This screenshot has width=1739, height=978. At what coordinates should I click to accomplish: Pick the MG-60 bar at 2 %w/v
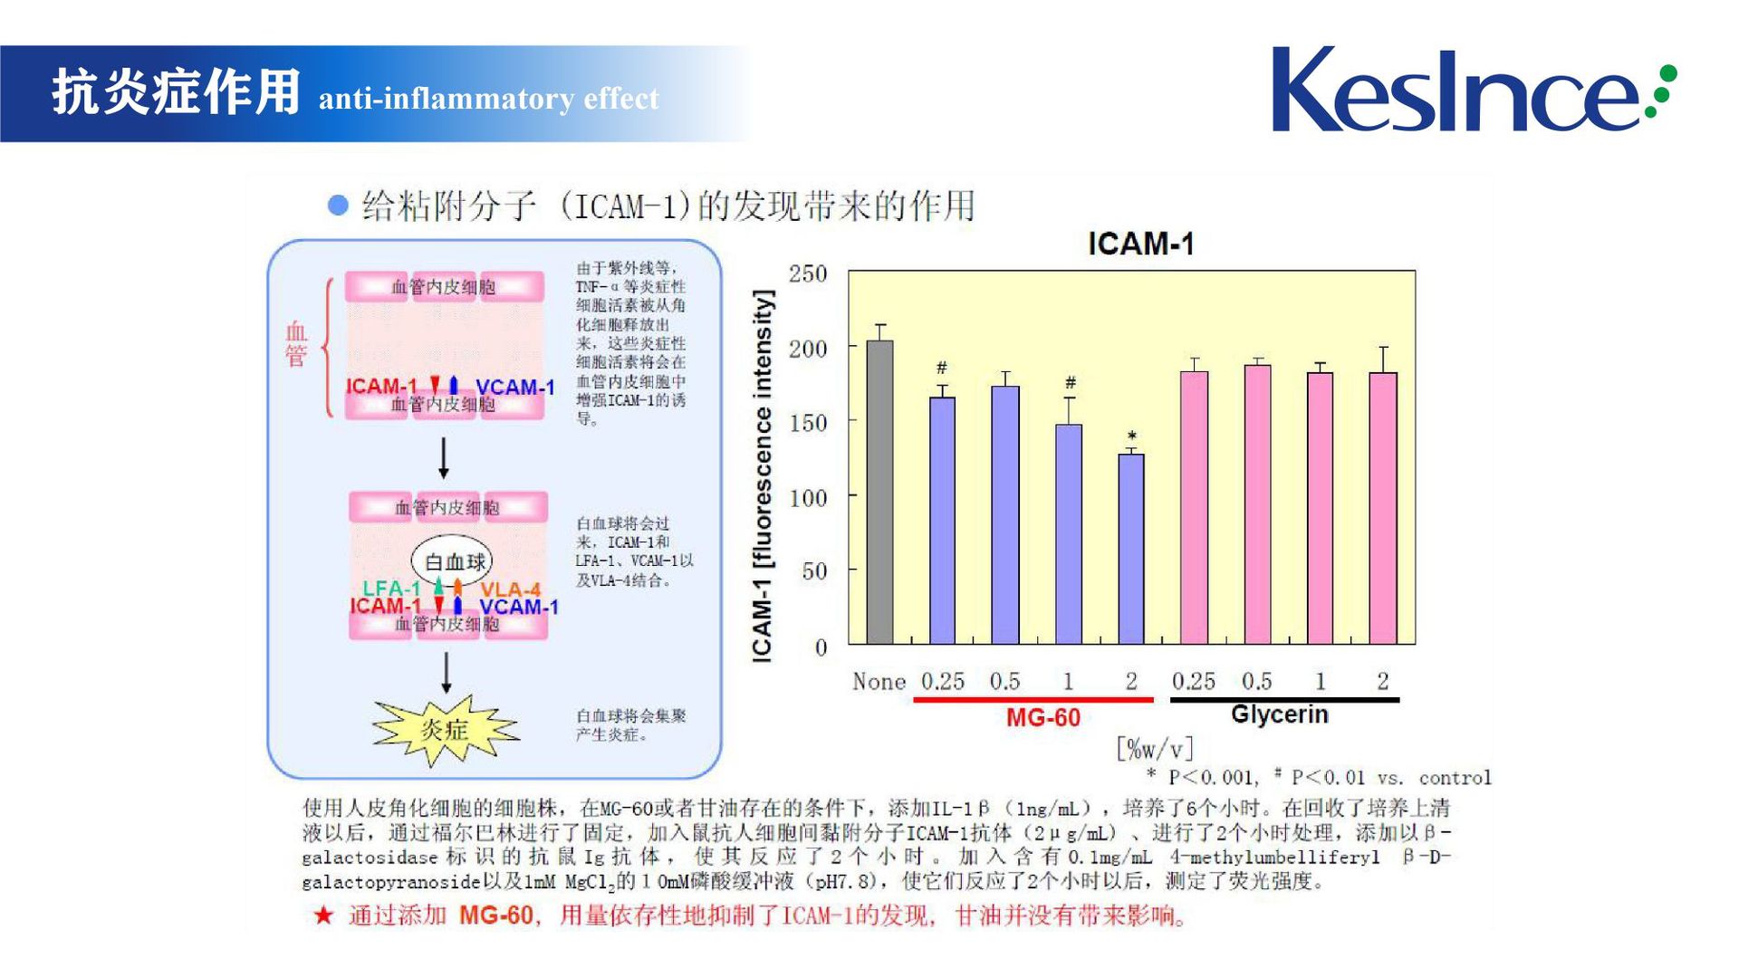click(x=1131, y=549)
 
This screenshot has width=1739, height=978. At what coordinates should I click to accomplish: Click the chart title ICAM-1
click(x=1140, y=244)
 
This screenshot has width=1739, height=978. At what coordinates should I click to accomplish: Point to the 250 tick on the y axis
click(x=808, y=273)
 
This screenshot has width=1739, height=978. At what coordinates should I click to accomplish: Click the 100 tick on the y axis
click(x=808, y=497)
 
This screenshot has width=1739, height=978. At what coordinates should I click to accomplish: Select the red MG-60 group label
click(x=1042, y=718)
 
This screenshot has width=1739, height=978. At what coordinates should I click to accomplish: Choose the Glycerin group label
click(x=1279, y=714)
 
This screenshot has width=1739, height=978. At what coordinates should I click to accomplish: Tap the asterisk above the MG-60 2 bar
click(x=1132, y=436)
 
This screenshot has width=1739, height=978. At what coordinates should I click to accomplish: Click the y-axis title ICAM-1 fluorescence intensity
click(x=764, y=476)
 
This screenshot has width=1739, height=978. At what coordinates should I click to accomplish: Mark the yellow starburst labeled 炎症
click(x=445, y=730)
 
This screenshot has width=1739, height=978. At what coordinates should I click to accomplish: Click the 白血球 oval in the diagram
click(x=452, y=561)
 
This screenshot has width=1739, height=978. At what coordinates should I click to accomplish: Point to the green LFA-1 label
click(x=391, y=589)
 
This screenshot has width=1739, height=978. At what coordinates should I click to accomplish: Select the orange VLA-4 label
click(x=510, y=590)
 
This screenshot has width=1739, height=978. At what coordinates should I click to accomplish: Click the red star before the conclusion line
click(x=323, y=916)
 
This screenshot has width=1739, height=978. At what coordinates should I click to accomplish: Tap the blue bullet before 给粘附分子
click(x=338, y=206)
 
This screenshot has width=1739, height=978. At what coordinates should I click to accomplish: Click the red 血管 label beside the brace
click(x=296, y=344)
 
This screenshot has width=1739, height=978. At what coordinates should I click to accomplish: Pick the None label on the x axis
click(x=879, y=682)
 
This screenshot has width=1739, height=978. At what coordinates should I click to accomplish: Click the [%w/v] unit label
click(x=1155, y=749)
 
